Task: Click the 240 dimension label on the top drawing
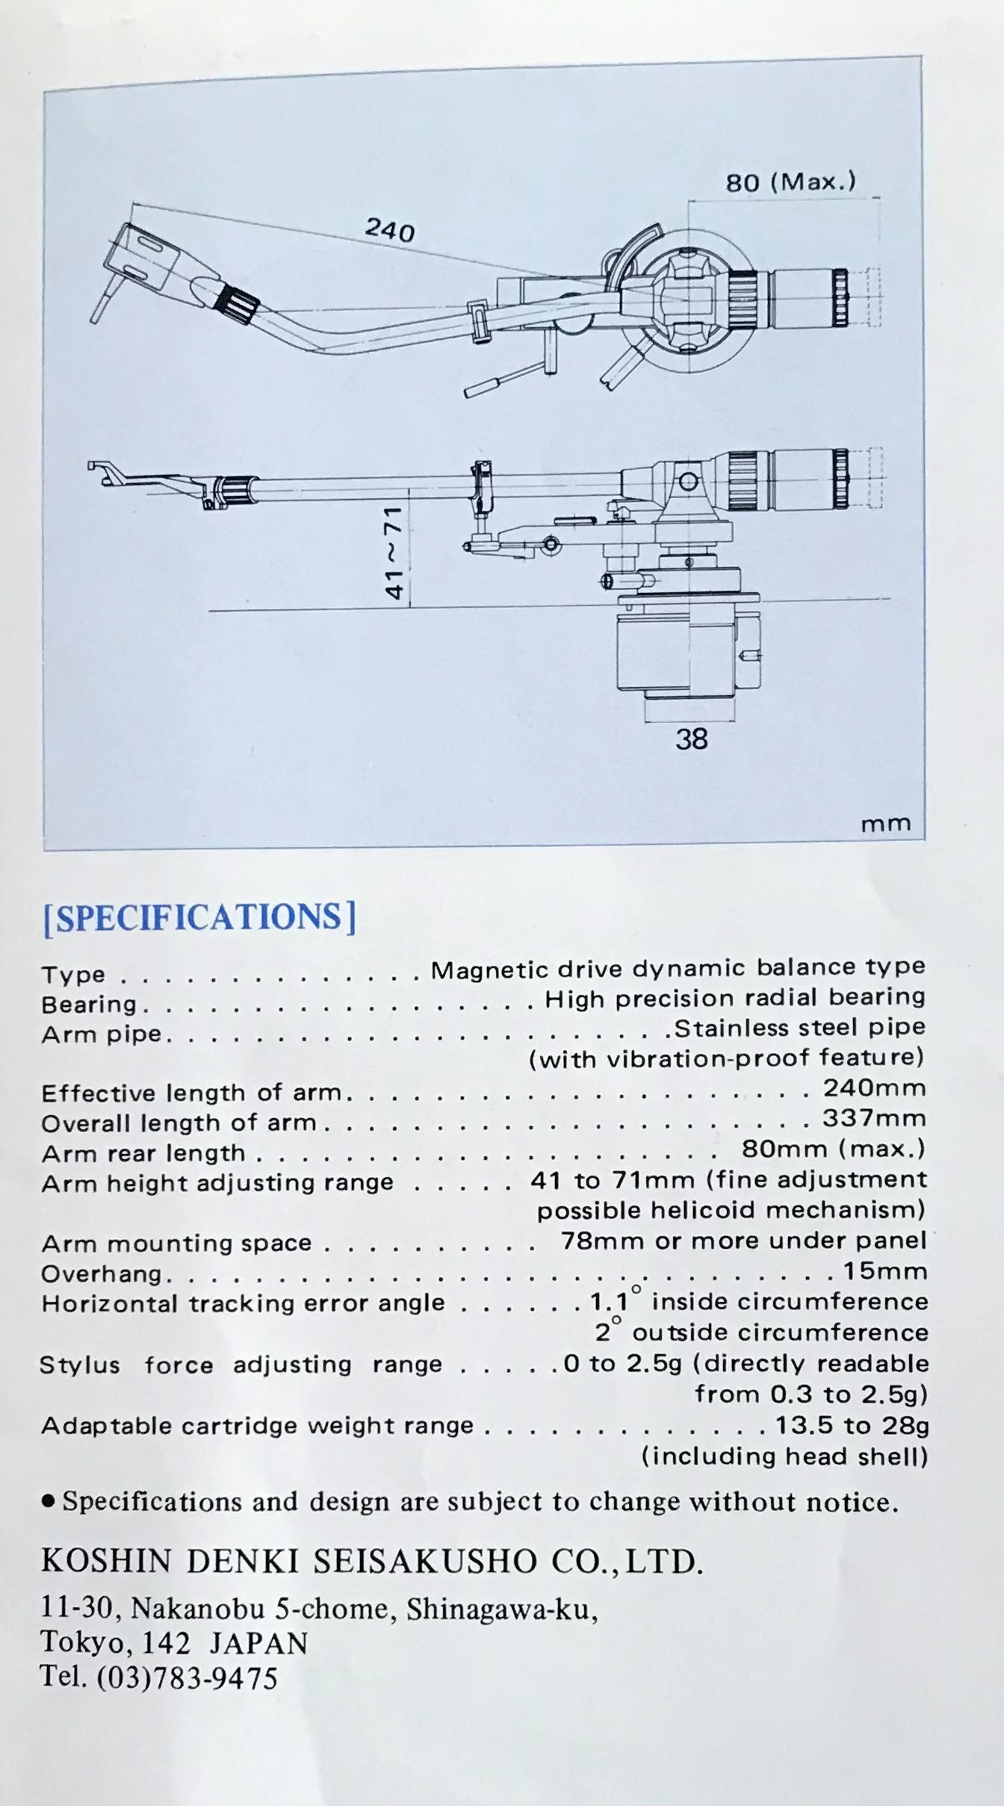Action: click(390, 229)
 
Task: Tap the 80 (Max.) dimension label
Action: click(790, 182)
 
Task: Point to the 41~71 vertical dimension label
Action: click(394, 552)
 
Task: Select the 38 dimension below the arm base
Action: click(691, 739)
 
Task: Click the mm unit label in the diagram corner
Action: click(886, 824)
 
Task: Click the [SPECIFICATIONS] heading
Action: click(199, 917)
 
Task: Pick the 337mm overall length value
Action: click(874, 1119)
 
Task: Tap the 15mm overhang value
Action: click(885, 1271)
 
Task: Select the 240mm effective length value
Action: click(874, 1088)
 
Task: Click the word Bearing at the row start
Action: click(89, 1005)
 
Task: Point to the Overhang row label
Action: click(102, 1273)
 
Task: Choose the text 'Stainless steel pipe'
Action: click(799, 1028)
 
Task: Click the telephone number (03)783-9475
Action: click(187, 1678)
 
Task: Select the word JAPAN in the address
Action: click(258, 1642)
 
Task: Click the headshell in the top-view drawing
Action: click(146, 258)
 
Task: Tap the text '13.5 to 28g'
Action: click(852, 1426)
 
